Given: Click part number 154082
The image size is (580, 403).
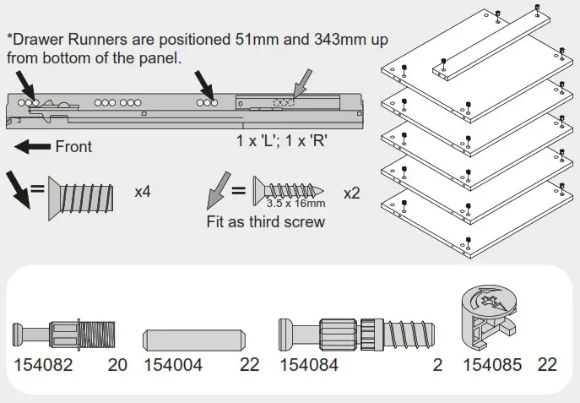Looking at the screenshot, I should pos(43,365).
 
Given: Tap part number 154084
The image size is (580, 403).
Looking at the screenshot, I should pos(308,365).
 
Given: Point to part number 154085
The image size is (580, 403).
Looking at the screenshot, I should pos(491,365).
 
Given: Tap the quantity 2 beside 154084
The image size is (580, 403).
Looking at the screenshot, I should pos(437,365).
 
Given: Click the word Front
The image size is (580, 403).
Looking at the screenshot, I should pos(73,146).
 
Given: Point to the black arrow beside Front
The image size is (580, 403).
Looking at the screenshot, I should pos(33,146).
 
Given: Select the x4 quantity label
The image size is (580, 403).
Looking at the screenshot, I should pos(143,191).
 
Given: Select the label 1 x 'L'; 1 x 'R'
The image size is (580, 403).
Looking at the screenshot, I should pos(282,141).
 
